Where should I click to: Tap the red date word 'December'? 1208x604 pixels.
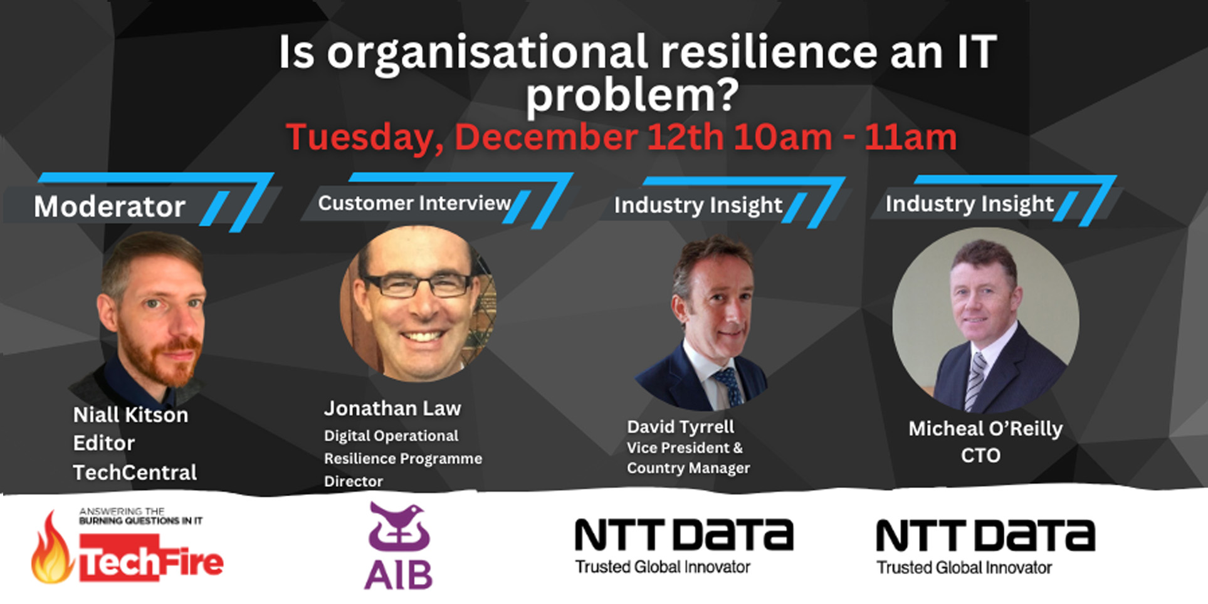pos(546,137)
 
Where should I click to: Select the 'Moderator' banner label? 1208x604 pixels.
pos(110,206)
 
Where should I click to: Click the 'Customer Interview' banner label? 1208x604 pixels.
pos(414,203)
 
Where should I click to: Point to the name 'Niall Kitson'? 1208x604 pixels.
pos(130,415)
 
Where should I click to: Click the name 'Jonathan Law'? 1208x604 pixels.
pos(392,409)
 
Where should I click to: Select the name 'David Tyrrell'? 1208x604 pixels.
pos(680,427)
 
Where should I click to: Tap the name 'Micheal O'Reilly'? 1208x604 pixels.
pos(985,429)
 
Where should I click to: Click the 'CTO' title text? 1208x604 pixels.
pos(981,456)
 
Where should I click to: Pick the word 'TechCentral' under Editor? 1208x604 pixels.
pos(135,472)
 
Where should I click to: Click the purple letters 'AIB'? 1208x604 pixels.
pos(399,575)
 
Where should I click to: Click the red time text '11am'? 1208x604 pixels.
pos(910,137)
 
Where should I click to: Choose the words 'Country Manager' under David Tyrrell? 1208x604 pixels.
pos(688,468)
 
